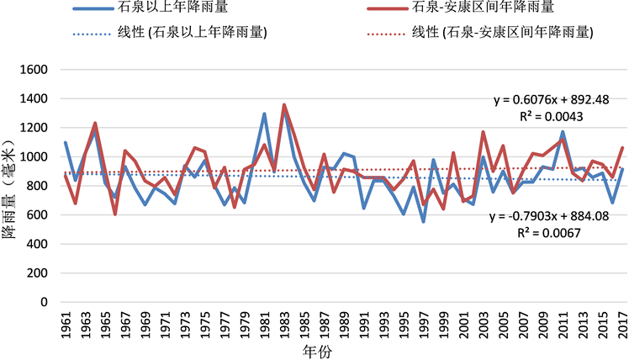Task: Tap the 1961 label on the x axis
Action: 65,324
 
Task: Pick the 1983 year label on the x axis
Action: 284,324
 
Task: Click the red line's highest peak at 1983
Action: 284,105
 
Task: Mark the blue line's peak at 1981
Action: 264,114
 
